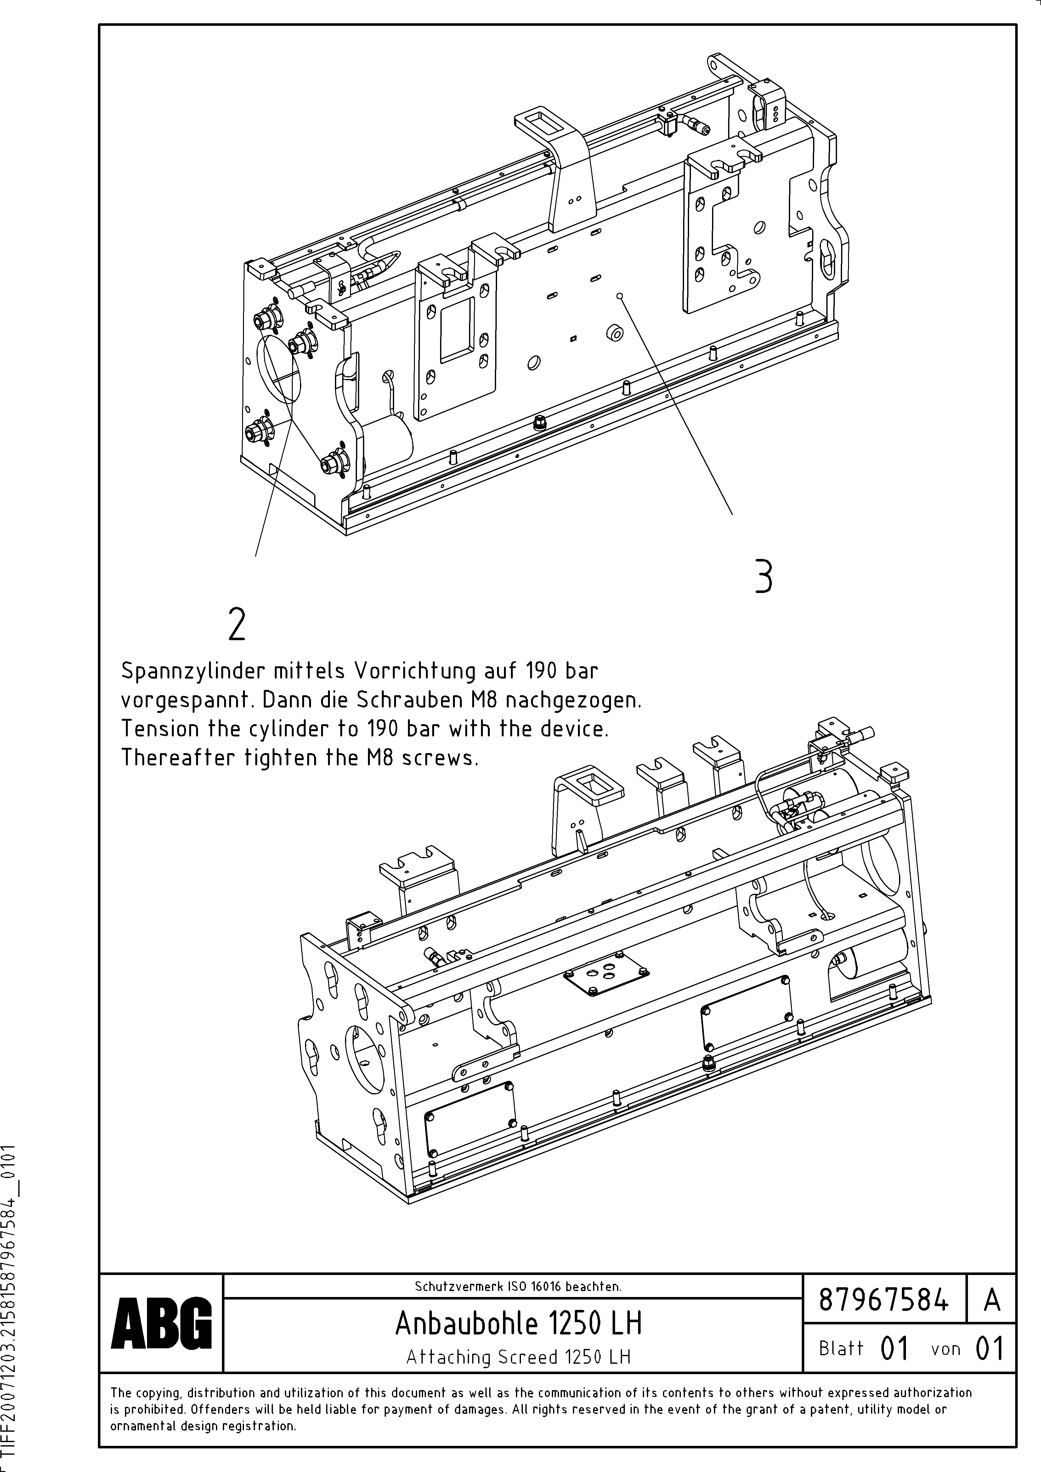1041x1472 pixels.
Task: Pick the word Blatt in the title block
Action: click(841, 1348)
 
